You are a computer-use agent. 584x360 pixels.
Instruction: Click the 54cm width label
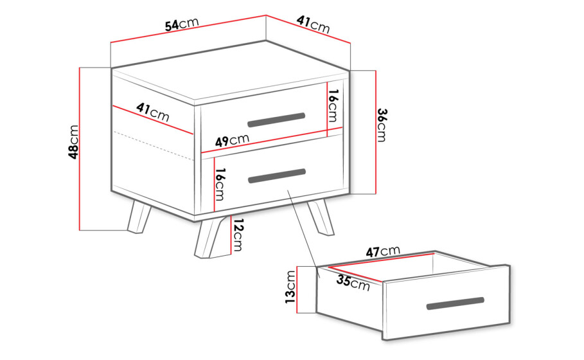pyautogui.click(x=182, y=24)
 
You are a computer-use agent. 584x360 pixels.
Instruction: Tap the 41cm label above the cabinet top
pyautogui.click(x=314, y=24)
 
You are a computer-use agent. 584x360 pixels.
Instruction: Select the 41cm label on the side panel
pyautogui.click(x=153, y=112)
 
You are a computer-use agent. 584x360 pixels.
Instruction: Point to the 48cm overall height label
pyautogui.click(x=74, y=142)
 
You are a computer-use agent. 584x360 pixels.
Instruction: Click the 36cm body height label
pyautogui.click(x=382, y=125)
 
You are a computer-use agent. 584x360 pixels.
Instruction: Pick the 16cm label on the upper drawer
pyautogui.click(x=333, y=106)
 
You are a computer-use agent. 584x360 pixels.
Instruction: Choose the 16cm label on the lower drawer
pyautogui.click(x=220, y=184)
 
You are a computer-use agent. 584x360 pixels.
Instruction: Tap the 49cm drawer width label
pyautogui.click(x=232, y=141)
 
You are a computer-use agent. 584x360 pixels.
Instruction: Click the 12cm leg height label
pyautogui.click(x=238, y=235)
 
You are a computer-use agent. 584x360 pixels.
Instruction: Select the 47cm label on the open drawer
pyautogui.click(x=383, y=251)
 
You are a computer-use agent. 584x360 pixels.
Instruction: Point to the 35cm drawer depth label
pyautogui.click(x=353, y=282)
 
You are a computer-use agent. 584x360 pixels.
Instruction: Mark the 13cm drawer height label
pyautogui.click(x=290, y=287)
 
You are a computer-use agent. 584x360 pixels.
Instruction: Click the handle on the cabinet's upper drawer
pyautogui.click(x=276, y=120)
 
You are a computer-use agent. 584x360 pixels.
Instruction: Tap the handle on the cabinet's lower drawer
pyautogui.click(x=277, y=176)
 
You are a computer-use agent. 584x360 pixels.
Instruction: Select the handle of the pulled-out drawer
pyautogui.click(x=455, y=303)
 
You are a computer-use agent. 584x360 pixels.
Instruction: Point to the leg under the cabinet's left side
pyautogui.click(x=139, y=217)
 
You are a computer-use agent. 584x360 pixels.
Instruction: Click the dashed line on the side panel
pyautogui.click(x=153, y=146)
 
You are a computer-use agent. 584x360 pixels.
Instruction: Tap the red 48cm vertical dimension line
pyautogui.click(x=80, y=149)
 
